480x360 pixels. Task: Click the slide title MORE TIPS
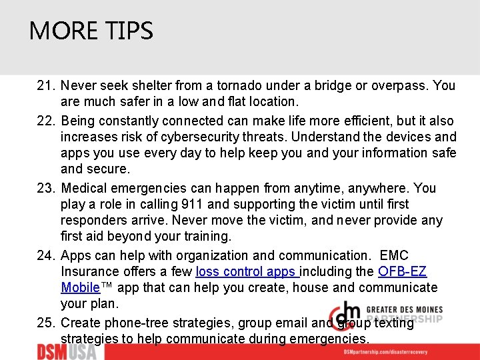click(91, 31)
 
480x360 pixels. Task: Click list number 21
click(46, 86)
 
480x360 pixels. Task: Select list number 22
click(46, 121)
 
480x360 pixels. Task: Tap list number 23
click(46, 189)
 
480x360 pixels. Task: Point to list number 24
click(46, 256)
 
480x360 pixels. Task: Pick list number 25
click(46, 323)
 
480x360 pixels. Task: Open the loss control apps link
click(247, 272)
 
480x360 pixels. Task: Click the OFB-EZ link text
click(402, 272)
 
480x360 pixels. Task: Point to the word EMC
click(394, 256)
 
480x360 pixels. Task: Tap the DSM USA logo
click(67, 351)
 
